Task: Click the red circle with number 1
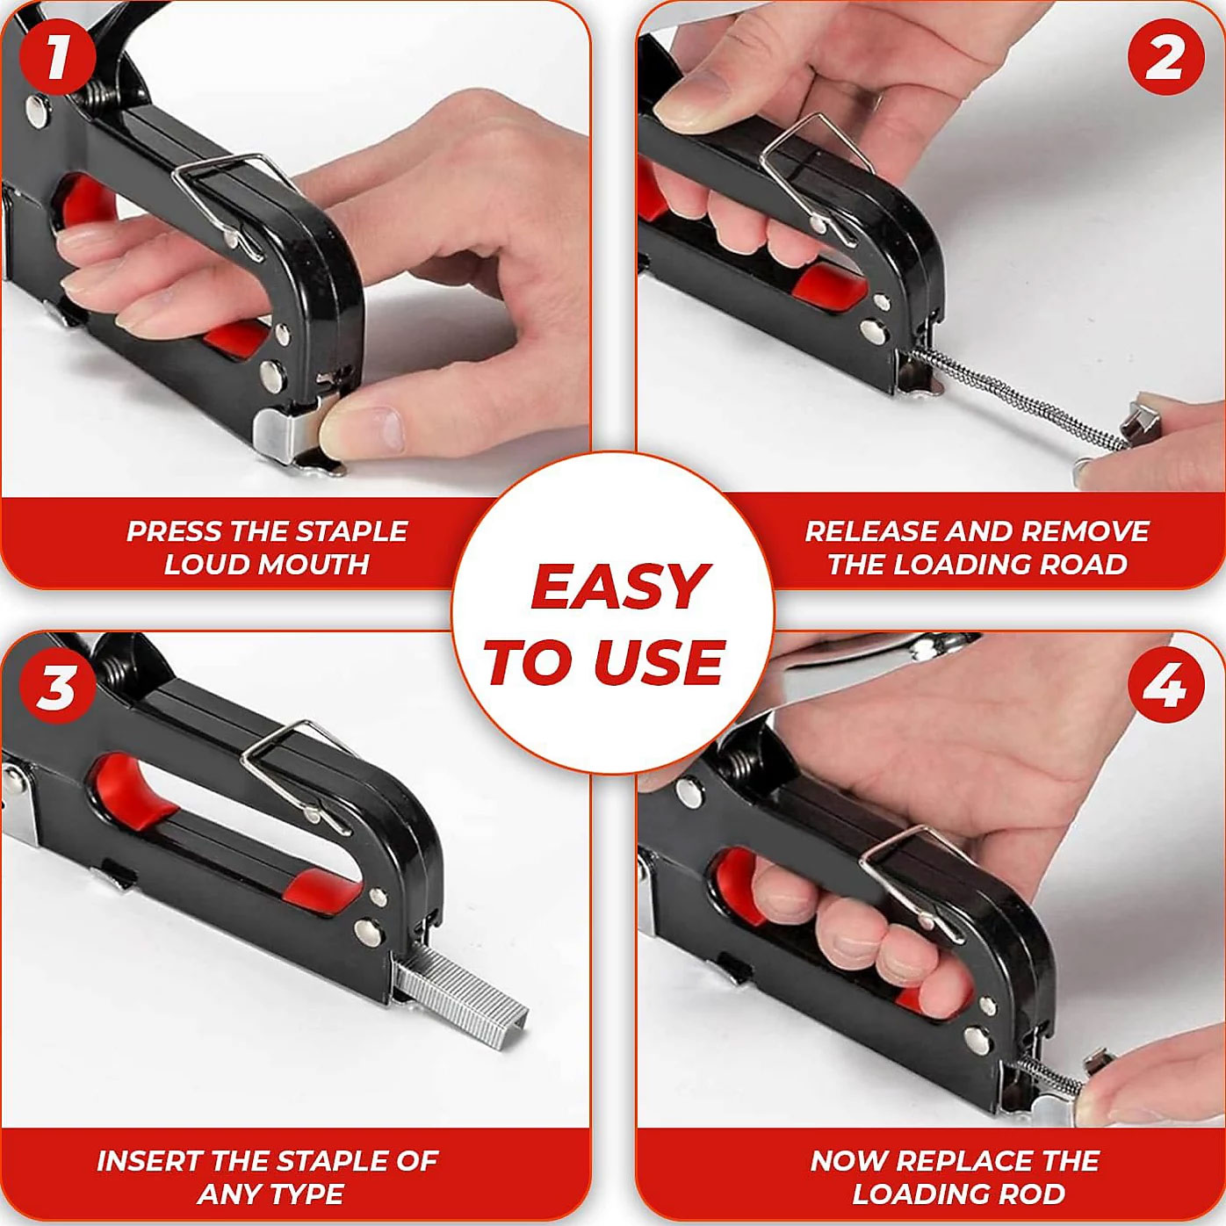[x=57, y=57]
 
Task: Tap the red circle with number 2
[x=1166, y=57]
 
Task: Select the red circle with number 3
[x=57, y=686]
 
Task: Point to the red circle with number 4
[x=1166, y=686]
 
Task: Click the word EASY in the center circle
[x=619, y=587]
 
